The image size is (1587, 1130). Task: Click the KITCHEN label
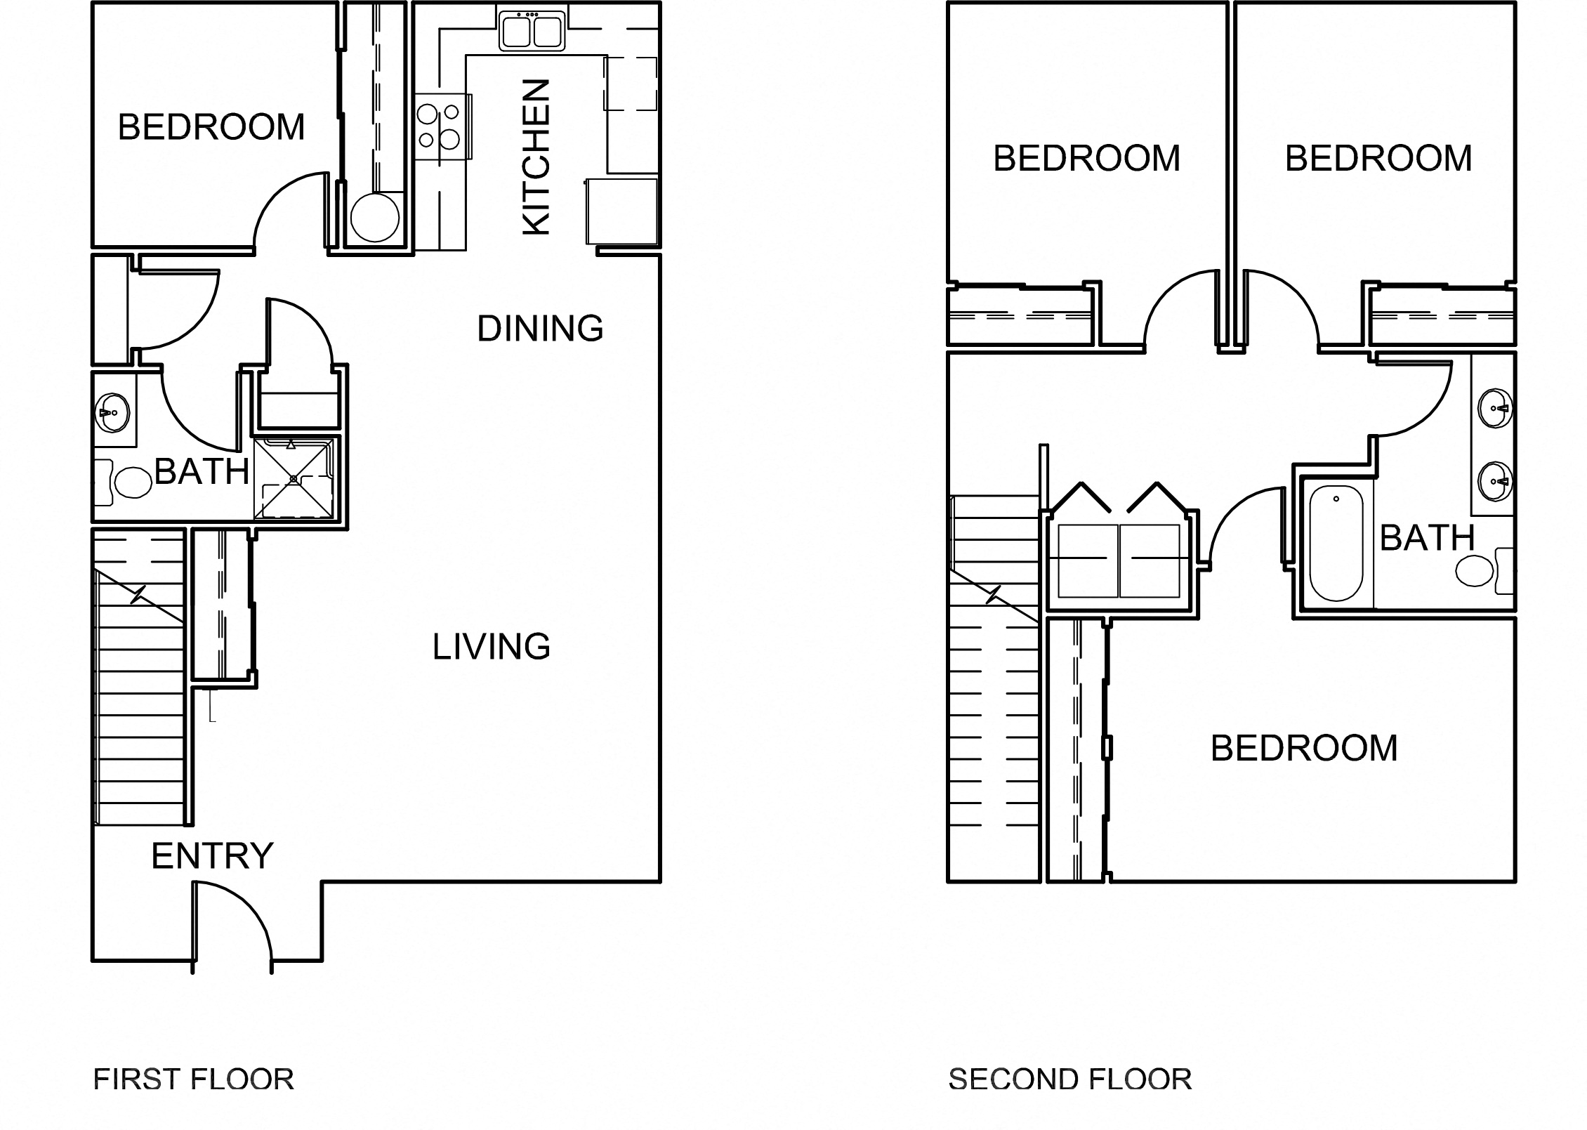537,157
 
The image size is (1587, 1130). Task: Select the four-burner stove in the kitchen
440,126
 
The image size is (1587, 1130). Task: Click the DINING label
540,329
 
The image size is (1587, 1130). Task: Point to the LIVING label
491,647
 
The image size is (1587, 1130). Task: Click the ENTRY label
212,856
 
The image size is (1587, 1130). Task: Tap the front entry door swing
232,920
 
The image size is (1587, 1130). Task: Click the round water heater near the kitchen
374,218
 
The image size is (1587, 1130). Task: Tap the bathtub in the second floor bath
1336,542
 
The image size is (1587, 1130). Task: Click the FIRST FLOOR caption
194,1079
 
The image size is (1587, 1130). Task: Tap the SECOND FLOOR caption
1069,1079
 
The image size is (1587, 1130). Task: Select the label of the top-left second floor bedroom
1086,158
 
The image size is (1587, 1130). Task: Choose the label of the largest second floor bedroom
1304,749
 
